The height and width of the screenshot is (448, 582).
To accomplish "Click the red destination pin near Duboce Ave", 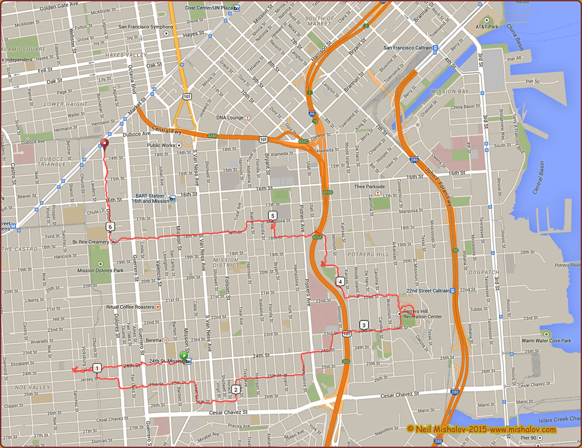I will pyautogui.click(x=105, y=144).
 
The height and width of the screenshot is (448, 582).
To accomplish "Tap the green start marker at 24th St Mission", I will pyautogui.click(x=184, y=356).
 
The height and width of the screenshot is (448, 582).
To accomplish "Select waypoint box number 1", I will pyautogui.click(x=97, y=368).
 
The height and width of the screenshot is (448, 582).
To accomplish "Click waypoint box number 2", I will pyautogui.click(x=235, y=390).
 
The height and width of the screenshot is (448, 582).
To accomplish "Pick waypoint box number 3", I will pyautogui.click(x=364, y=325).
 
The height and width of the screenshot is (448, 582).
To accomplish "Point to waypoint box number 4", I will pyautogui.click(x=340, y=282).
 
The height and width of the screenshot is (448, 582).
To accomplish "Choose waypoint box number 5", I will pyautogui.click(x=272, y=216).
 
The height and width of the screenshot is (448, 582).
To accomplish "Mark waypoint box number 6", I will pyautogui.click(x=110, y=227).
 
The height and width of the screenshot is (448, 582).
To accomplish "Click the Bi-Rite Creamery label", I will pyautogui.click(x=91, y=242).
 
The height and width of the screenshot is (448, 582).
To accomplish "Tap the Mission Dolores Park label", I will pyautogui.click(x=100, y=270).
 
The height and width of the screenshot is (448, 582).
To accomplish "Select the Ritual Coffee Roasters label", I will pyautogui.click(x=130, y=307).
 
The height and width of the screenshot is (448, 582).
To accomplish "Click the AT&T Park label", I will pyautogui.click(x=487, y=27).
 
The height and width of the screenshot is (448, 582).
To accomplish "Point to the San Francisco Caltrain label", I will pyautogui.click(x=408, y=48).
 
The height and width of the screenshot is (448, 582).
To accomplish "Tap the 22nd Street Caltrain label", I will pyautogui.click(x=428, y=291).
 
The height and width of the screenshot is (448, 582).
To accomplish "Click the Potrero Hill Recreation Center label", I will pyautogui.click(x=422, y=314).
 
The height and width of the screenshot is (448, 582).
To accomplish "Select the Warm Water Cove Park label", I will pyautogui.click(x=546, y=341).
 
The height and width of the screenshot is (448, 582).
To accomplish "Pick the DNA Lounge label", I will pyautogui.click(x=230, y=118).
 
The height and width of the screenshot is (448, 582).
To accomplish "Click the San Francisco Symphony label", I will pyautogui.click(x=145, y=27).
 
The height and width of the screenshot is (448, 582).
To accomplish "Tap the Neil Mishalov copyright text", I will pyautogui.click(x=481, y=429).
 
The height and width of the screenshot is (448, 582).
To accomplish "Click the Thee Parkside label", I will pyautogui.click(x=369, y=187).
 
